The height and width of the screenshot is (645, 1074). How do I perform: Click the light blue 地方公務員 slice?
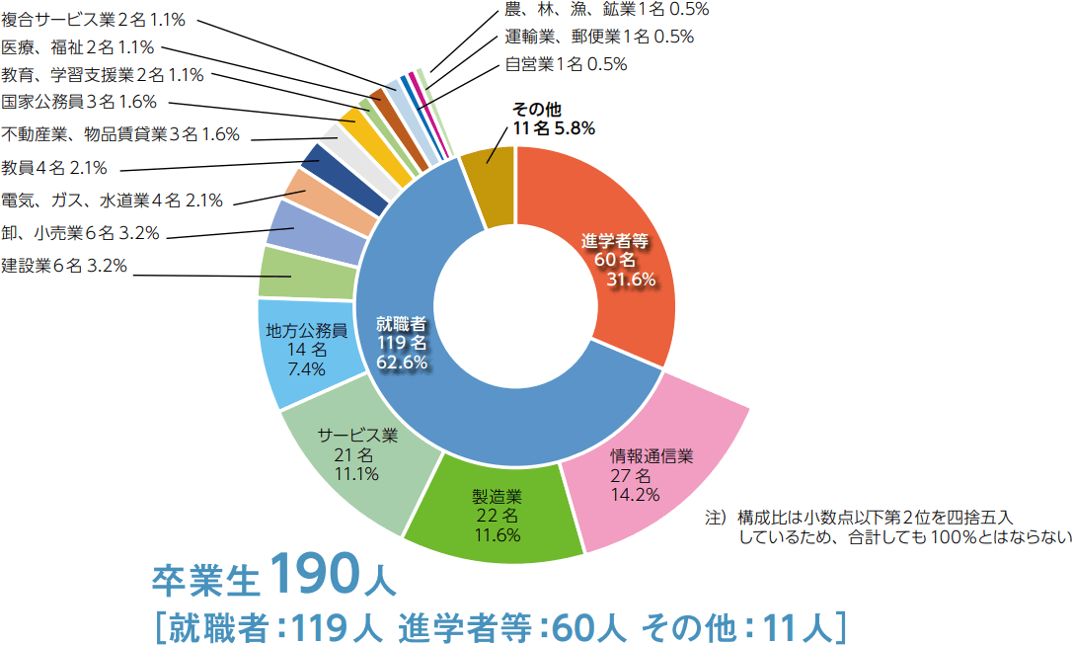pyautogui.click(x=305, y=350)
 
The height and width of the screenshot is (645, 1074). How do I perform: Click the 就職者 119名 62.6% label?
pyautogui.click(x=402, y=343)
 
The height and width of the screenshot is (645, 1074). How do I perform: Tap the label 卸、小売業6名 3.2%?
pyautogui.click(x=80, y=233)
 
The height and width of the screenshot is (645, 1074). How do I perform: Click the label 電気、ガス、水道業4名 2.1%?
pyautogui.click(x=112, y=201)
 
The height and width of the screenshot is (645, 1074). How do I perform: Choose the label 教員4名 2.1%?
pyautogui.click(x=54, y=167)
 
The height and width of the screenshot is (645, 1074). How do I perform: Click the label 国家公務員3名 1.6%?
pyautogui.click(x=79, y=102)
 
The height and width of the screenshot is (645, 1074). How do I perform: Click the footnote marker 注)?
pyautogui.click(x=716, y=517)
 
